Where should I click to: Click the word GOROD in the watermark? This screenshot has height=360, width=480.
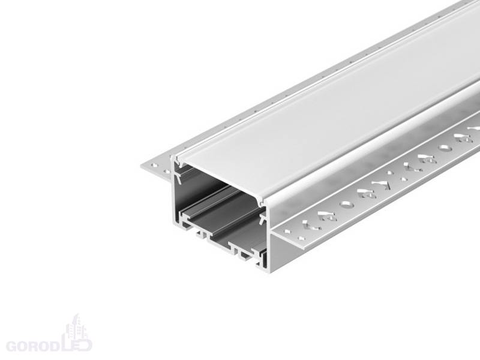coord(32,346)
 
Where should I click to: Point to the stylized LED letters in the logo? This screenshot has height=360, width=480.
coord(76,344)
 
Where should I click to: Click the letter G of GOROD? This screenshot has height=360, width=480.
coord(11,346)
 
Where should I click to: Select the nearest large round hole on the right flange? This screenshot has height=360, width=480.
coord(348,204)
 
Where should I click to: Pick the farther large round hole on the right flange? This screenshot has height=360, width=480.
coord(445,148)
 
